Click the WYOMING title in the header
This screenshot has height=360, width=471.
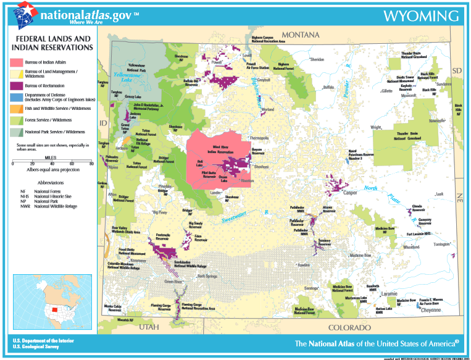[x=420, y=15]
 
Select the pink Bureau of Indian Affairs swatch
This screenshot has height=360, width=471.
[x=16, y=63]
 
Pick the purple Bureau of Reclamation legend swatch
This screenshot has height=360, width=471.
[x=16, y=85]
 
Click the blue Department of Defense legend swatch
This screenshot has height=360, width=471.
[x=16, y=97]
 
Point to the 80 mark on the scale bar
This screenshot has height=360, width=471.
[x=91, y=164]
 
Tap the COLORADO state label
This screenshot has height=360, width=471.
[x=349, y=327]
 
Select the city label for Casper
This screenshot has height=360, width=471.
[x=350, y=192]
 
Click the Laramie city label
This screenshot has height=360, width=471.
[x=390, y=293]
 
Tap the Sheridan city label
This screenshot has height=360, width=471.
[x=317, y=59]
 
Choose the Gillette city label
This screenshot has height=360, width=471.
[x=387, y=91]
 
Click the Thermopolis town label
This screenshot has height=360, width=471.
[x=258, y=137]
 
